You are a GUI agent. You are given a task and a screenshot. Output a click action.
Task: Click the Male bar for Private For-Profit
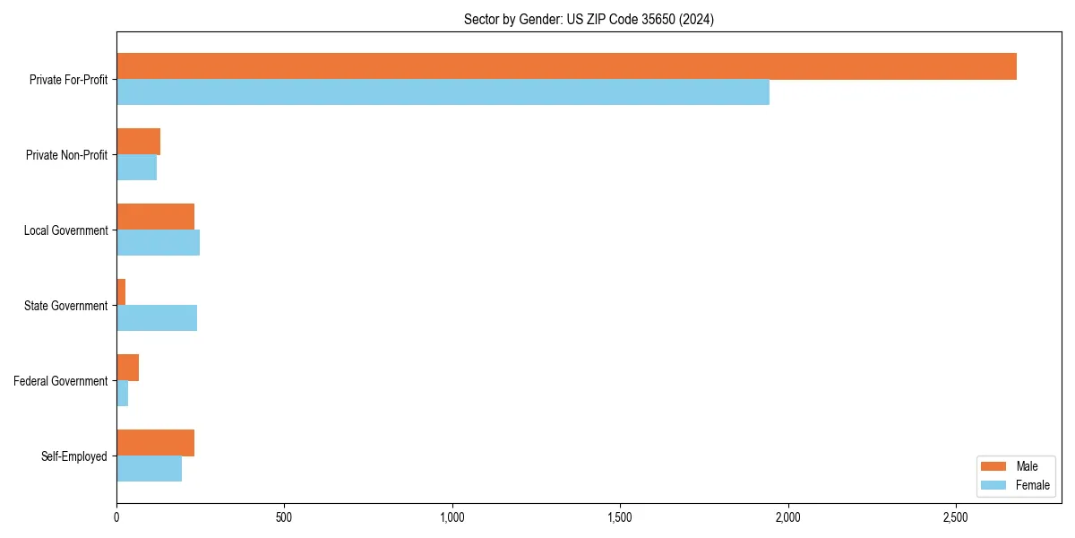pos(566,66)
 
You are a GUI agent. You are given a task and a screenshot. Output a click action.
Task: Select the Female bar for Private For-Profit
pos(443,92)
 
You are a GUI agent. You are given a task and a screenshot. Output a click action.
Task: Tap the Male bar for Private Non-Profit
pos(138,142)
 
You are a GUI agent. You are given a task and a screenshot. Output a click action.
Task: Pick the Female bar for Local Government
pos(158,243)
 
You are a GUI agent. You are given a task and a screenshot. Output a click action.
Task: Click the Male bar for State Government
pos(121,292)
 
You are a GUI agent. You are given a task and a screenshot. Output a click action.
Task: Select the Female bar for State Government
pos(157,318)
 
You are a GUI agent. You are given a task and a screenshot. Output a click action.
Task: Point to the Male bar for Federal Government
pos(127,368)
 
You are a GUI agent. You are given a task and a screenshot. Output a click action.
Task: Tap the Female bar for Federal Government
pos(122,394)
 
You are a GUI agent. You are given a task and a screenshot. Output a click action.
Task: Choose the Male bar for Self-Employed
pos(155,443)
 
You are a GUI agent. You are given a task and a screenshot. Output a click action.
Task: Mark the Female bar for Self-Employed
pos(149,469)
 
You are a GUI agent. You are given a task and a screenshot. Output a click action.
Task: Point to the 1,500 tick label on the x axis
pos(620,517)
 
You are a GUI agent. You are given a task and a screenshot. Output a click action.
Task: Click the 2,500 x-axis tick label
pos(956,517)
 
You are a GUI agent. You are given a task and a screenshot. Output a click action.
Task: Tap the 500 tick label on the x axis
pos(284,517)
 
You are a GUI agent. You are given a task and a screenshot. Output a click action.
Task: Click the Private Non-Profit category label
pos(66,155)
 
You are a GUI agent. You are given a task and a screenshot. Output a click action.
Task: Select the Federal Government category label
pos(61,381)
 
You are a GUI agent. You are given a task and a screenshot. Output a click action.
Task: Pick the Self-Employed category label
pos(74,456)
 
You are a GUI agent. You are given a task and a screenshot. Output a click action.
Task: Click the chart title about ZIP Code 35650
pos(589,19)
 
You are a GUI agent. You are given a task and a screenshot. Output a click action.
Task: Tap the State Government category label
pos(65,306)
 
